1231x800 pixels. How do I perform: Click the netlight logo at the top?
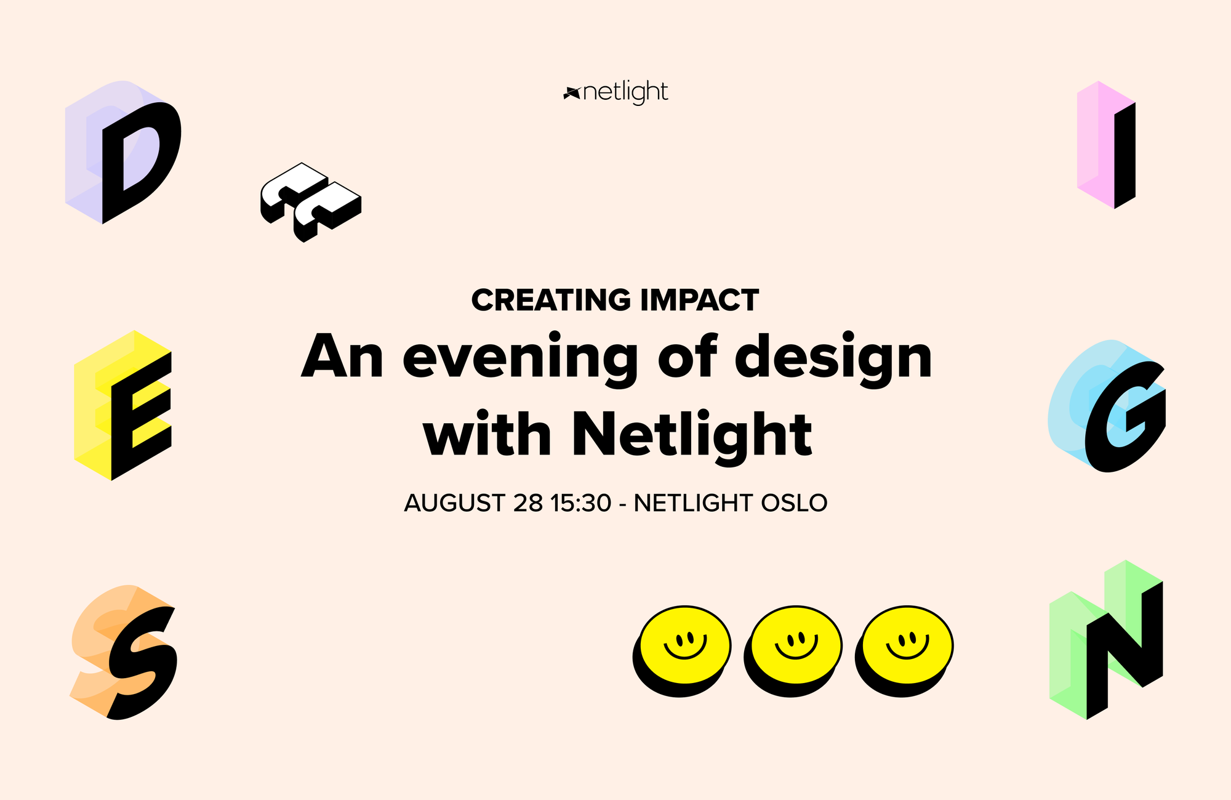point(615,92)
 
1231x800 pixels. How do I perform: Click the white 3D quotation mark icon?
point(310,202)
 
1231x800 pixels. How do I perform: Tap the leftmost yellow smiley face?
point(682,651)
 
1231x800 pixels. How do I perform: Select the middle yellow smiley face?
point(793,651)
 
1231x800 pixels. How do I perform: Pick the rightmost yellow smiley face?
point(904,651)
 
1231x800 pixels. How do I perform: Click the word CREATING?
point(551,301)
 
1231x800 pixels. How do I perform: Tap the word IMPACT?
point(699,301)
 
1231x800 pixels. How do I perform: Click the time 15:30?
point(581,503)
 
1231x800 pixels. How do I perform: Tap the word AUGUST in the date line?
point(454,503)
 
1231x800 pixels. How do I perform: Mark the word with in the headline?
point(487,434)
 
